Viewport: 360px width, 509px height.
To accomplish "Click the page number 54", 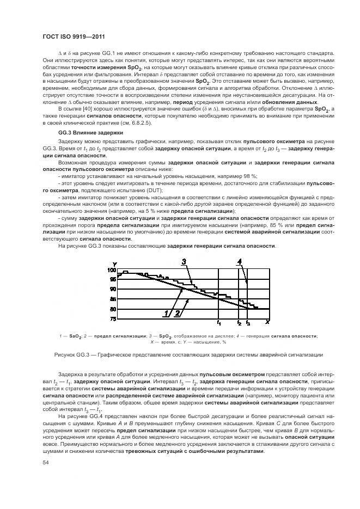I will pos(45,463).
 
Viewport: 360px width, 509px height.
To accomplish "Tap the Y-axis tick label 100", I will pos(112,270).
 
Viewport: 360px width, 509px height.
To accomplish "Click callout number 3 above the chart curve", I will pos(184,262).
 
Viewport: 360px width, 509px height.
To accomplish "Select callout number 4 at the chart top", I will pos(239,262).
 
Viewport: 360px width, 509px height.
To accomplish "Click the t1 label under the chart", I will pos(218,323).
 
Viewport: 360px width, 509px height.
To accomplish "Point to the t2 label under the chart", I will pos(239,323).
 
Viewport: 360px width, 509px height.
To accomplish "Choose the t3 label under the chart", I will pos(248,323).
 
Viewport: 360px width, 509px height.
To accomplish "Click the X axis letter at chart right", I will pos(267,321).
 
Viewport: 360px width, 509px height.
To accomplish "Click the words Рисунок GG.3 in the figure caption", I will pos(70,355).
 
